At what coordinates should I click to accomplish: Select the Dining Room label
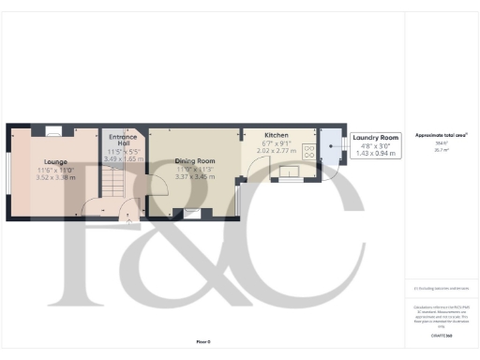point(195,161)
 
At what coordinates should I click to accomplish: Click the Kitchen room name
point(276,135)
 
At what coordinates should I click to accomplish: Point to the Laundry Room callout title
point(376,137)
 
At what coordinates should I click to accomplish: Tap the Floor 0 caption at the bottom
point(202,344)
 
